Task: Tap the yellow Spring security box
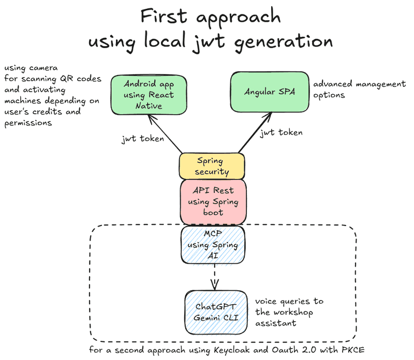[212, 166]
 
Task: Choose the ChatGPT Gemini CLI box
[216, 312]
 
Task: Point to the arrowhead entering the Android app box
[150, 118]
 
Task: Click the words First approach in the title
[211, 17]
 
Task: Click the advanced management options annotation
[359, 89]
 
